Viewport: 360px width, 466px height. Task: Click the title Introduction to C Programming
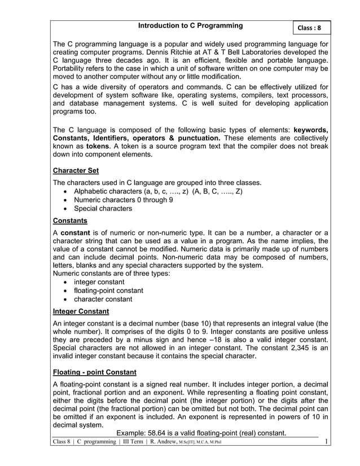(191, 25)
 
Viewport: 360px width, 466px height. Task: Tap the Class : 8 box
(309, 28)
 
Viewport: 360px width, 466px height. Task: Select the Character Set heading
(76, 170)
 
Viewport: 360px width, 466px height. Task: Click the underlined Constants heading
(70, 220)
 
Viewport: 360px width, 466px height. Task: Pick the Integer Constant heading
(81, 311)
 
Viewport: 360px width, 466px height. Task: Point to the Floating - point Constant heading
(94, 372)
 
